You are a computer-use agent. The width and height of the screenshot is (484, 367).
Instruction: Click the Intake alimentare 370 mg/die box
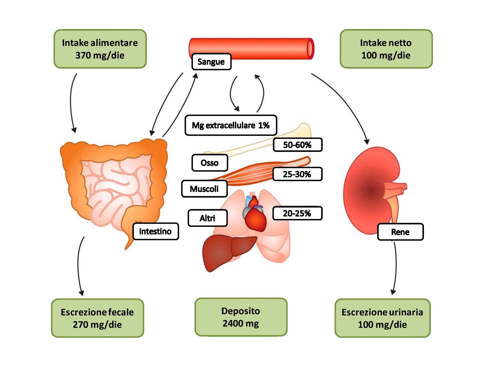(x=100, y=49)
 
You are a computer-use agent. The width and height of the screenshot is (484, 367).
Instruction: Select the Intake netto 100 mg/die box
(x=386, y=49)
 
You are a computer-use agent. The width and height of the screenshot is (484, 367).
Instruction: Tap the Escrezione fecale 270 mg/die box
(x=97, y=318)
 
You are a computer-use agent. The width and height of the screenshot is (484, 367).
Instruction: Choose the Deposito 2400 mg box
(x=241, y=317)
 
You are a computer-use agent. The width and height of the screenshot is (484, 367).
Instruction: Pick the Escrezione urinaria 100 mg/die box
(x=382, y=318)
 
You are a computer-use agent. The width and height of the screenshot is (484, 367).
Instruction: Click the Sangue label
(x=211, y=62)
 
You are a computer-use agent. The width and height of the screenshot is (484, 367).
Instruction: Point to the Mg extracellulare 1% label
(x=231, y=125)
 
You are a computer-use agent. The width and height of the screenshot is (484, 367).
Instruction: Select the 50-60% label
(x=297, y=145)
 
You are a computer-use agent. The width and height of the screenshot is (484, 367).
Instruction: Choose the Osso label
(x=210, y=163)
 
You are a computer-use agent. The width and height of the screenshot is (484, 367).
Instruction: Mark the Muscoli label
(x=204, y=189)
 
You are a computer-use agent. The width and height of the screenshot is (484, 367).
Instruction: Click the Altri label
(x=207, y=218)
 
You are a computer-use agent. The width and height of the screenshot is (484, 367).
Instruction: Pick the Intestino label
(x=156, y=231)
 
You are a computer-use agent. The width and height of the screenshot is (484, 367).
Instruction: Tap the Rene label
(x=400, y=232)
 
